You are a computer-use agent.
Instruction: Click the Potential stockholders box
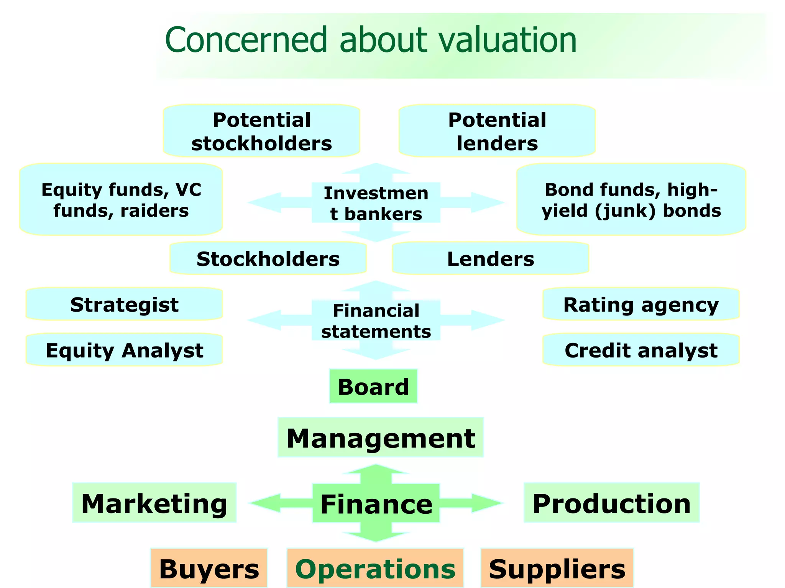(262, 131)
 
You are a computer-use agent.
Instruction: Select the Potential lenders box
(497, 131)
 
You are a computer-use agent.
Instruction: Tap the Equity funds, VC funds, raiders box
(121, 200)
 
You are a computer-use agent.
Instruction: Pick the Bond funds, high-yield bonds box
(631, 200)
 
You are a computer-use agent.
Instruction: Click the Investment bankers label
(376, 203)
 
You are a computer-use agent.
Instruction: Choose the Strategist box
(124, 304)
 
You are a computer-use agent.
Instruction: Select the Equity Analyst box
(124, 350)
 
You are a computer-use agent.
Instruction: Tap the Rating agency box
(641, 304)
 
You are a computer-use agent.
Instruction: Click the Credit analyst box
(641, 350)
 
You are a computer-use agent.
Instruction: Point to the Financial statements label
(376, 321)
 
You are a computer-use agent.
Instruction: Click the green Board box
(373, 386)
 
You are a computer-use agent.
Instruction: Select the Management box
(381, 438)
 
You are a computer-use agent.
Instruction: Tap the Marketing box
(154, 503)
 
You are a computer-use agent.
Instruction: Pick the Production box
(612, 503)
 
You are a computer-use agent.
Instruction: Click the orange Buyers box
(209, 568)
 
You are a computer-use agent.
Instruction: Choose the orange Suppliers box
(557, 568)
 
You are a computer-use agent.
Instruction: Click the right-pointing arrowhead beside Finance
(487, 503)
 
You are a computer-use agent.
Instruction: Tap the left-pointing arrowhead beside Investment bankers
(264, 203)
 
